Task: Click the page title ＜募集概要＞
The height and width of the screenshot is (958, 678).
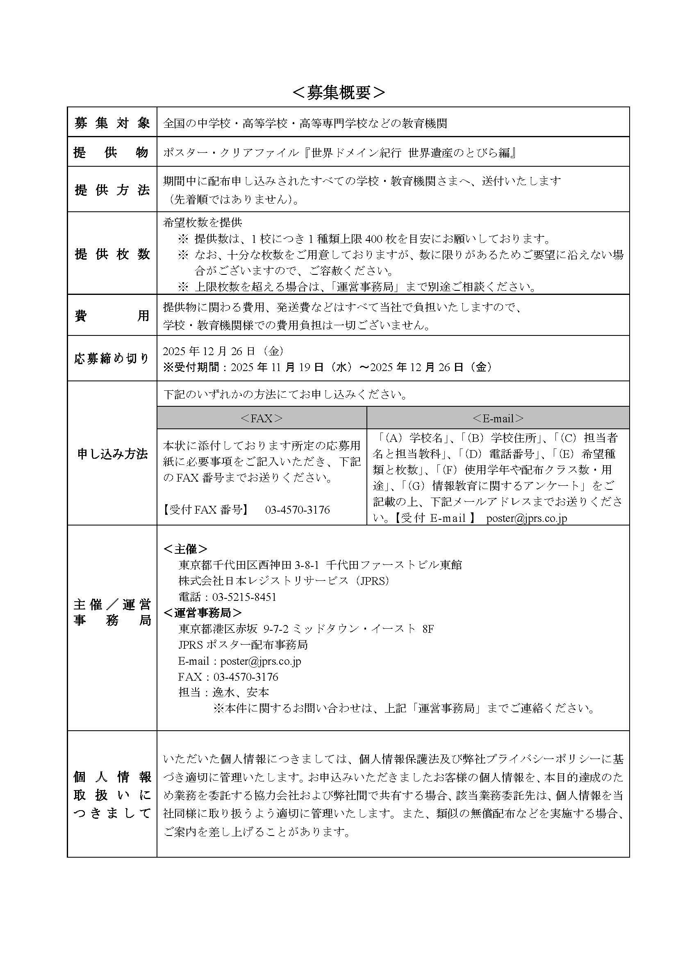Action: pyautogui.click(x=339, y=93)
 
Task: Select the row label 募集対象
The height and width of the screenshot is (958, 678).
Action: pyautogui.click(x=112, y=123)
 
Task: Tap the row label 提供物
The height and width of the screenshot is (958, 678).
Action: pyautogui.click(x=112, y=153)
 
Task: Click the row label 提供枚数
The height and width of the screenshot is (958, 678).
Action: pyautogui.click(x=112, y=254)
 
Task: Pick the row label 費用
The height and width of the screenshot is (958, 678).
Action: pyautogui.click(x=112, y=316)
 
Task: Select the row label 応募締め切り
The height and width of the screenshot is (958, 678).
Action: pyautogui.click(x=112, y=359)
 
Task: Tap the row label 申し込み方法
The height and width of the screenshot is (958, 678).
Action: pyautogui.click(x=112, y=454)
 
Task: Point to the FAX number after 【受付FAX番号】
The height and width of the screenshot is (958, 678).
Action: pyautogui.click(x=297, y=510)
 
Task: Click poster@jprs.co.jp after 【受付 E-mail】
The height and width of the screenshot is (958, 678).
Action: pyautogui.click(x=526, y=519)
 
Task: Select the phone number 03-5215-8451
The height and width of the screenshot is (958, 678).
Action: pyautogui.click(x=244, y=597)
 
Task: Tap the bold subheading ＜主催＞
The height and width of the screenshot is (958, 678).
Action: pyautogui.click(x=185, y=549)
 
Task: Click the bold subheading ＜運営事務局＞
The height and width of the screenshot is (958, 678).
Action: pyautogui.click(x=202, y=613)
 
